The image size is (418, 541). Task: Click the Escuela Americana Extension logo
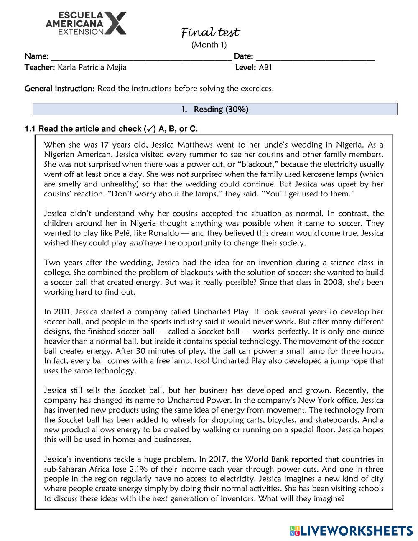coord(86,23)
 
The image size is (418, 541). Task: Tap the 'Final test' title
coord(210,32)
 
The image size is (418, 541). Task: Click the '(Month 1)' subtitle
coord(209,45)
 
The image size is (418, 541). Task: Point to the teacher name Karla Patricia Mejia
coord(92,67)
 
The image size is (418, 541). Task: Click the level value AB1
coord(265,67)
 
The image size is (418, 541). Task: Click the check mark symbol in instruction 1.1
coord(147,129)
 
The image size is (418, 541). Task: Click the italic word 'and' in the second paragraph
coord(136,243)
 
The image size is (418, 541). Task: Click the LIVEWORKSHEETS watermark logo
coord(351,531)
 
